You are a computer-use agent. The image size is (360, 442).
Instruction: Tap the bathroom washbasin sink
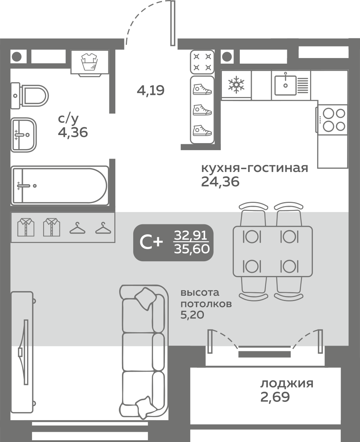pos(24,135)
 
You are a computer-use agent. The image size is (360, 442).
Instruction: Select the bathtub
pos(60,186)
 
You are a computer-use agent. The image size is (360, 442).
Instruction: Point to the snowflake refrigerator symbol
pos(236,85)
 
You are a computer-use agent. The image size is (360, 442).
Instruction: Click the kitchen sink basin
pos(285,85)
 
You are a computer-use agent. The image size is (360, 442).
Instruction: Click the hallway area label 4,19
pos(150,91)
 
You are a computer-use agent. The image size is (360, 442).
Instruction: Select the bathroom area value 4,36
pos(73,132)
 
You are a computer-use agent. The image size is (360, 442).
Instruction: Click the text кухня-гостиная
pos(255,168)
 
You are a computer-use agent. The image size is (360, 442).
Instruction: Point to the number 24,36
pos(220,182)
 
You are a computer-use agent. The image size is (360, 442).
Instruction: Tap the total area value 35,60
pos(192,249)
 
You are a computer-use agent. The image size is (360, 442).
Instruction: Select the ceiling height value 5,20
pos(192,315)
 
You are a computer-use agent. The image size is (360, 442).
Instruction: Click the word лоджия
pos(287,384)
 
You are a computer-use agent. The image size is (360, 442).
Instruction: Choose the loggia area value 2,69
pos(275,397)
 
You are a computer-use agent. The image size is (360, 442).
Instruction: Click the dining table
pos(273,251)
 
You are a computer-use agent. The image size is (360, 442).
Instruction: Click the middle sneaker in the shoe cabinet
pos(202,110)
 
